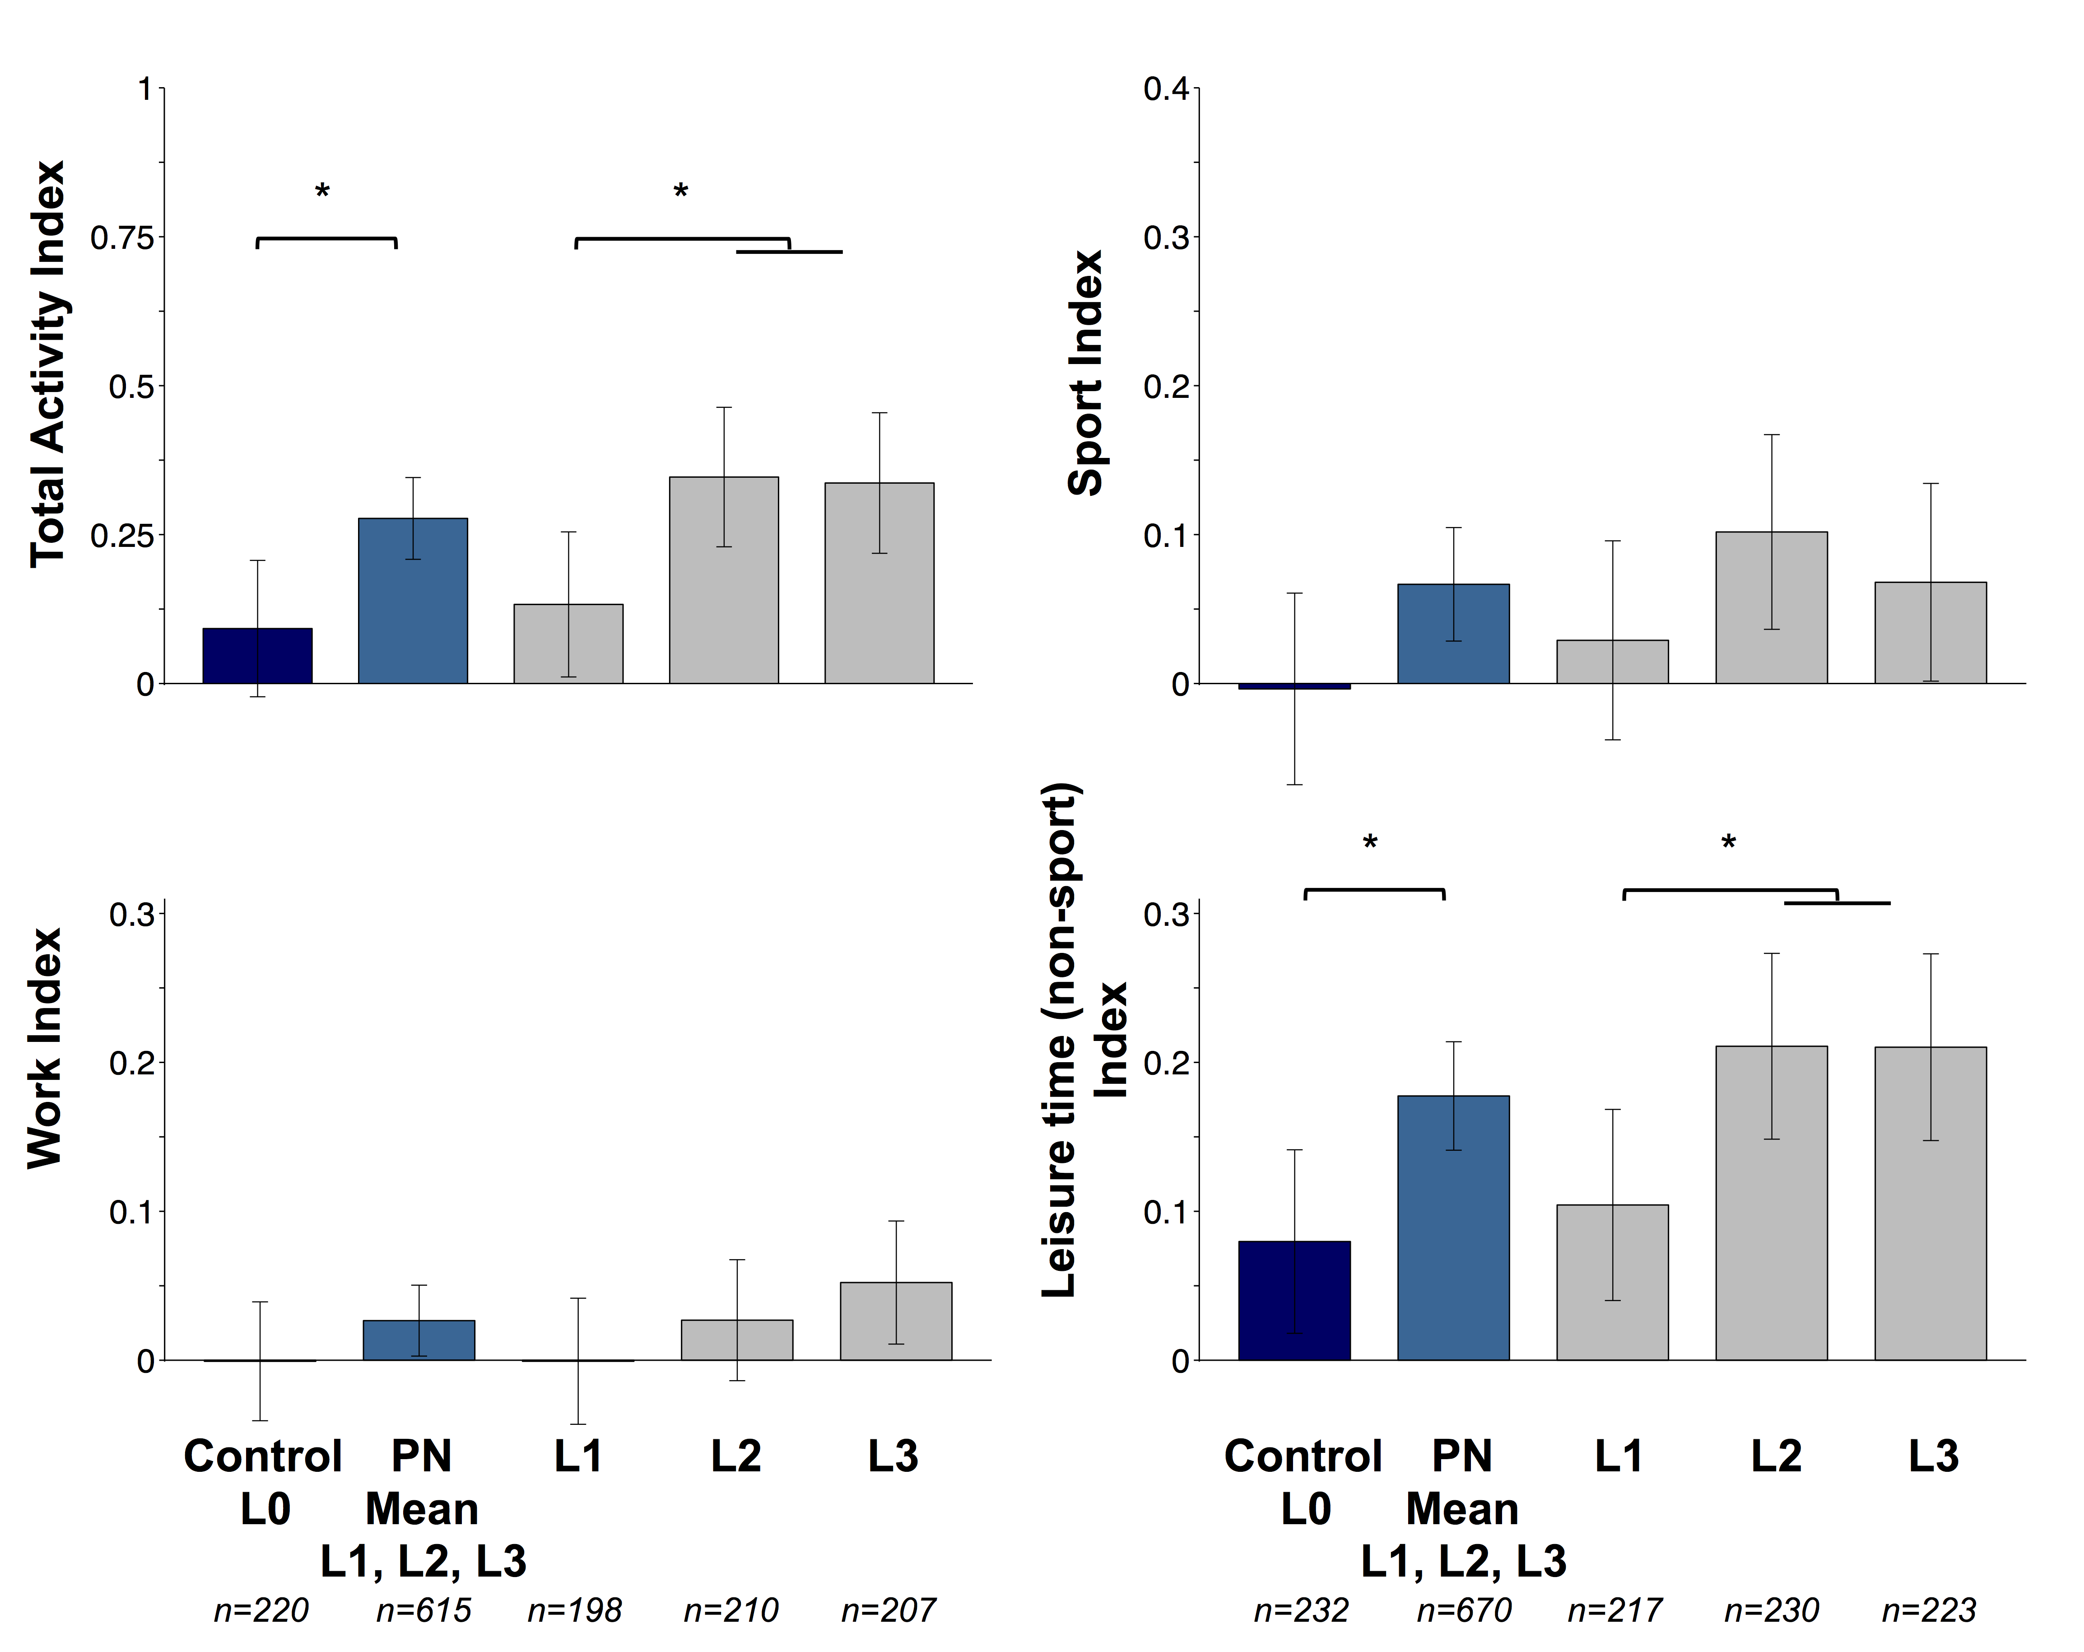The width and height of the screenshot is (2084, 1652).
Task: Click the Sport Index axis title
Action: [x=1085, y=373]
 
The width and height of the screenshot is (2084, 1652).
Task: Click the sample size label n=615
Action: [x=423, y=1610]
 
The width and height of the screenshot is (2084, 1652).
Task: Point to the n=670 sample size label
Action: [x=1463, y=1610]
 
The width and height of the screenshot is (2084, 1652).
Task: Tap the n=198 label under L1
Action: [x=575, y=1610]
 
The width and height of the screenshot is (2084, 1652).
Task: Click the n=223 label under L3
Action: [x=1928, y=1610]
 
